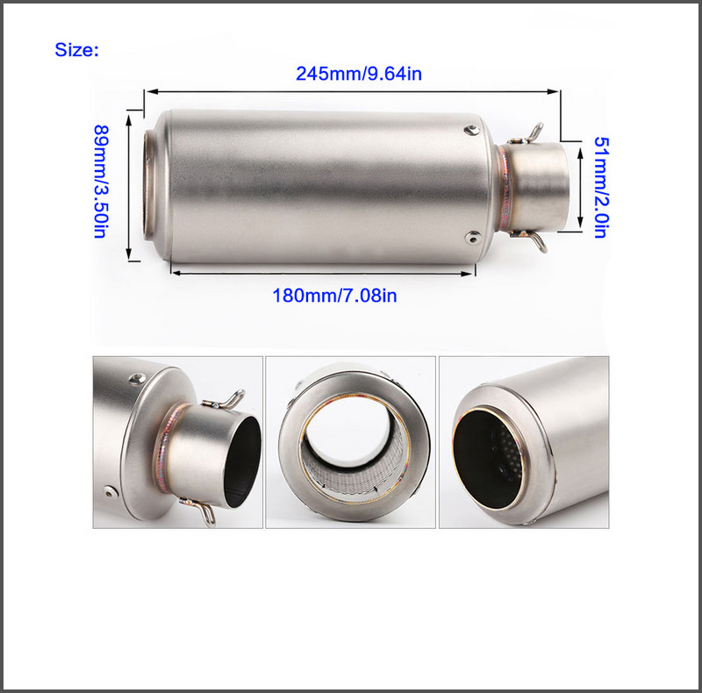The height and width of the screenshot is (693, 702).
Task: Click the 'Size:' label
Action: coord(76,49)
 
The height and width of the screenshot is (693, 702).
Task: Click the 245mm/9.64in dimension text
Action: coord(359,74)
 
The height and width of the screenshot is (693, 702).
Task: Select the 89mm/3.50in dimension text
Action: coord(101,181)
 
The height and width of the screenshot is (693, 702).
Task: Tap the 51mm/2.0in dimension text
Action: coord(601,187)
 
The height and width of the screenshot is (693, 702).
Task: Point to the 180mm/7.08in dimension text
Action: coord(334,296)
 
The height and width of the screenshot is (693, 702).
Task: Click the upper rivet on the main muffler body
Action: coord(472,130)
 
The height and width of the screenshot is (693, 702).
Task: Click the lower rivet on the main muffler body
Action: coord(472,237)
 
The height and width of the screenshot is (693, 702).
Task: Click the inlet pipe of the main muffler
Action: coord(537,187)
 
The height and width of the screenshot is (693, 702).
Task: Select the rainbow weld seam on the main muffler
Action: coord(505,187)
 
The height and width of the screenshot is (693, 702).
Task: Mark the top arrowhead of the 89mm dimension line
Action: coord(129,118)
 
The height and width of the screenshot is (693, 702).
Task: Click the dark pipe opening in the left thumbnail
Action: coord(242,461)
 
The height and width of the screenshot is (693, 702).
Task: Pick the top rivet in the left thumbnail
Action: coord(137,379)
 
